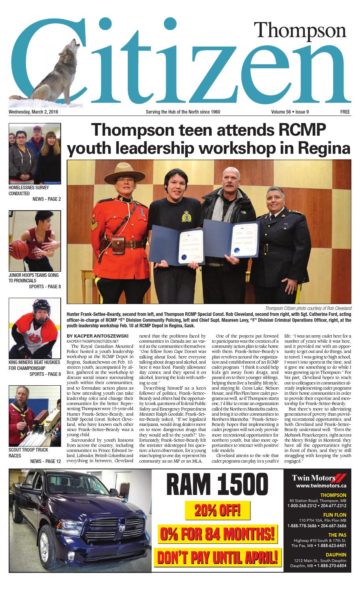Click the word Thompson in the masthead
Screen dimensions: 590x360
click(299, 31)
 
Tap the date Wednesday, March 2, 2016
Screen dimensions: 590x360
click(36, 112)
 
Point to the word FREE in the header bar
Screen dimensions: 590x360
click(345, 112)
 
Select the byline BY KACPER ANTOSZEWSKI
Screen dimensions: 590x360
click(98, 336)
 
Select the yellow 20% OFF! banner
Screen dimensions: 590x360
click(218, 512)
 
